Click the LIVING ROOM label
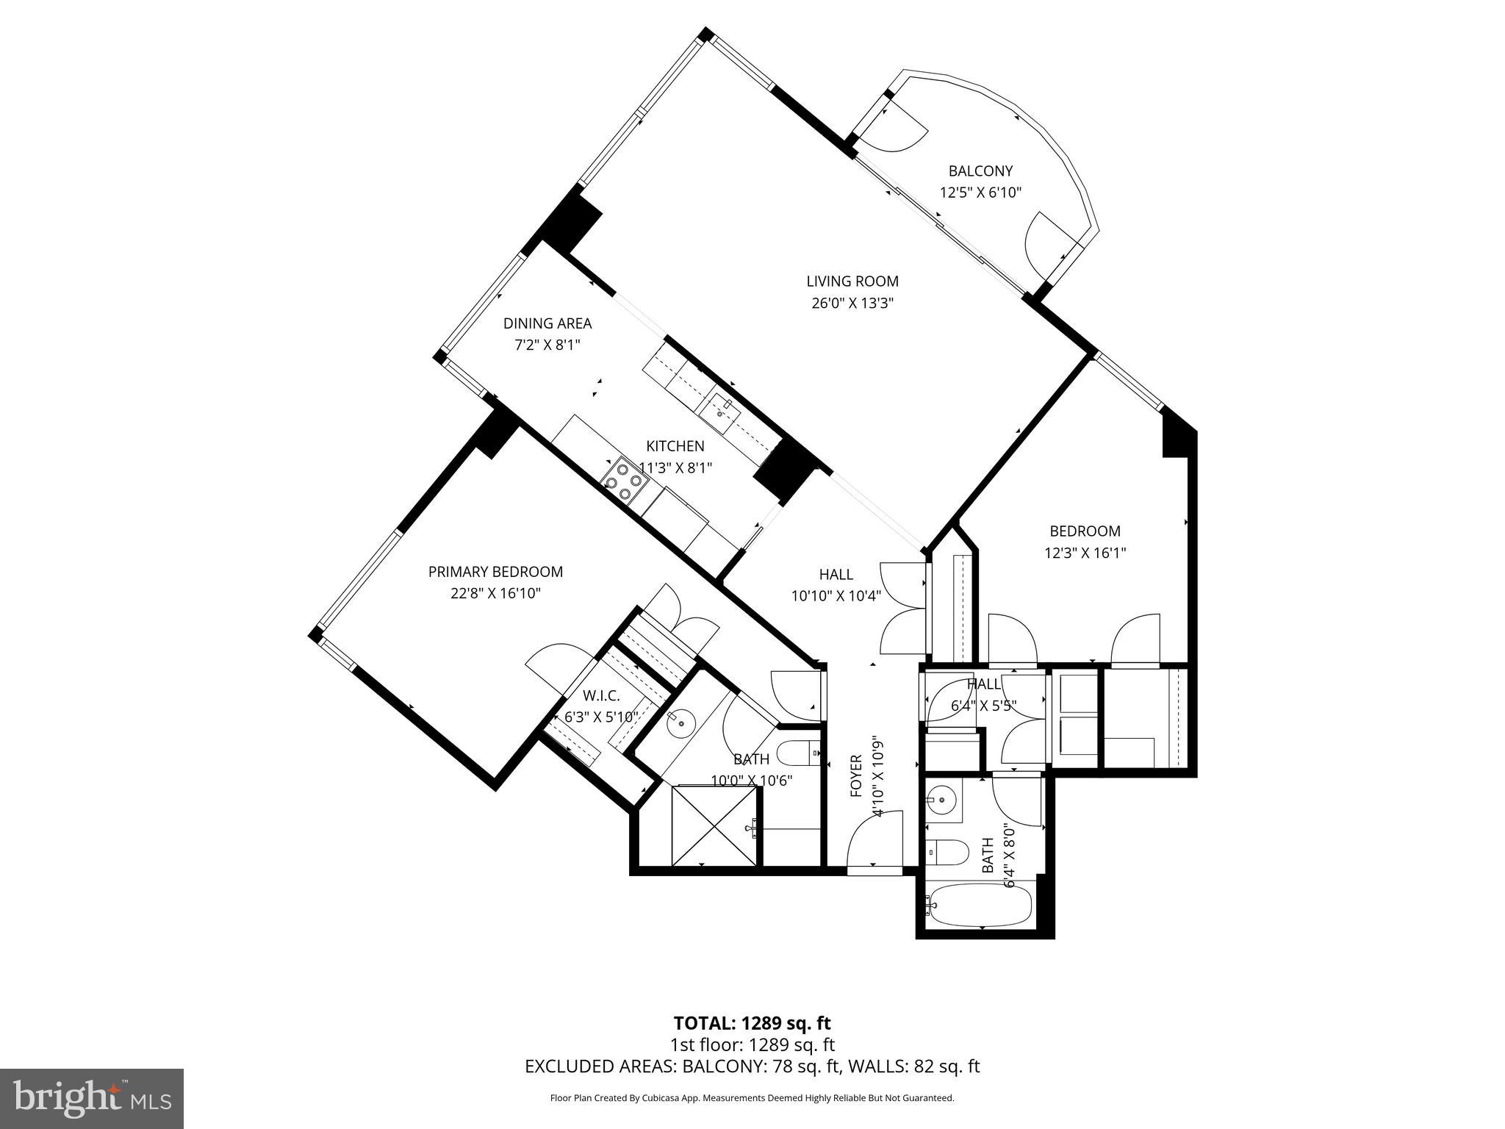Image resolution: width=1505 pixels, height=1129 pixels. pos(852,281)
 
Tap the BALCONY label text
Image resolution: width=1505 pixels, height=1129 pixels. pos(980,171)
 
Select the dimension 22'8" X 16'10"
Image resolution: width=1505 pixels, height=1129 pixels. pos(495,593)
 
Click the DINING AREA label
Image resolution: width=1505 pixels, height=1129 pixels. pos(547,323)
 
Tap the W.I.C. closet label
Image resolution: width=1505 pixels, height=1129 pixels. pos(601,696)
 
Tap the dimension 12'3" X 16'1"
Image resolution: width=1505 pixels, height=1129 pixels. pos(1085,552)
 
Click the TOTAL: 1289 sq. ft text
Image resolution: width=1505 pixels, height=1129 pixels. pos(752,1023)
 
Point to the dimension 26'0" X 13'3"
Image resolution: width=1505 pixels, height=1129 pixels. pos(852,303)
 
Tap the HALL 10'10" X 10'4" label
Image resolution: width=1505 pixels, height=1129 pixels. pos(836,585)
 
